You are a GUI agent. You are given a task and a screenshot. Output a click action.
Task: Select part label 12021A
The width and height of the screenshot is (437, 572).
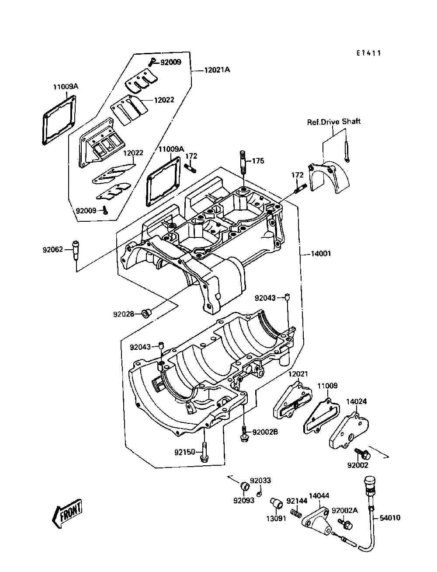tap(217, 70)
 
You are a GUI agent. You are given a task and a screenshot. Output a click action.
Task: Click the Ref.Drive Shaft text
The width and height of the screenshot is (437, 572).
tap(333, 122)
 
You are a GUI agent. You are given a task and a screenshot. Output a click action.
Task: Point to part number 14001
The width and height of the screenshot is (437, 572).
tap(321, 253)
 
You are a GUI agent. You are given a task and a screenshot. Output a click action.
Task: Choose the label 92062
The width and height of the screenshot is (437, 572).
tap(53, 250)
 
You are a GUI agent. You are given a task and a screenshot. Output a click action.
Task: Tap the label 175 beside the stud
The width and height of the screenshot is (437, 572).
tap(258, 161)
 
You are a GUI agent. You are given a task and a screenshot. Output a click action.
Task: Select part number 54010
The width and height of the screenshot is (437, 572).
tap(390, 517)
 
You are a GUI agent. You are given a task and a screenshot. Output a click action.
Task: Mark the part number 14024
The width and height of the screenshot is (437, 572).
tap(356, 401)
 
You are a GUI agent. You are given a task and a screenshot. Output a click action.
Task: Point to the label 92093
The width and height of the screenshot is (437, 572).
tap(244, 501)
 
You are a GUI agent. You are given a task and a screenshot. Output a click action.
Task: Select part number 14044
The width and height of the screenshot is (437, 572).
tap(319, 495)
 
